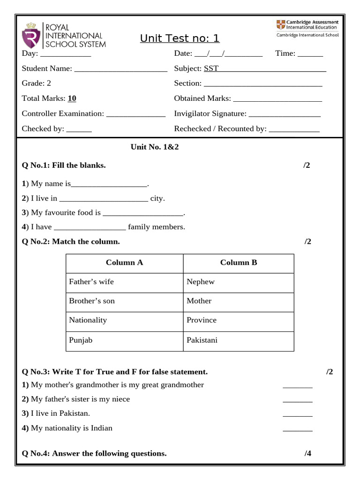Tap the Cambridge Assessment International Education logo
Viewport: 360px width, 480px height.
(307, 28)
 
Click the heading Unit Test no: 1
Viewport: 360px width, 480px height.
(180, 38)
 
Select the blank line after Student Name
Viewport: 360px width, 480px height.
(120, 69)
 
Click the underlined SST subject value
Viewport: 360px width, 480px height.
(211, 68)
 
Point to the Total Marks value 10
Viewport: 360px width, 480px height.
(72, 98)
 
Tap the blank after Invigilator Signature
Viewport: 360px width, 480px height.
(285, 114)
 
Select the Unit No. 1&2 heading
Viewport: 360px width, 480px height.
(155, 147)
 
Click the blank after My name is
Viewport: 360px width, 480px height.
(109, 185)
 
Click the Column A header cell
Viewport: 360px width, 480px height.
(124, 263)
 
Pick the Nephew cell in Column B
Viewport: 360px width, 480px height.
(201, 282)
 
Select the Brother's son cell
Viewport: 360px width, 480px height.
(92, 301)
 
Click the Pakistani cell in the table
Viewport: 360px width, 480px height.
(202, 340)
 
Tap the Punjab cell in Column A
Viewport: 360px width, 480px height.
(81, 340)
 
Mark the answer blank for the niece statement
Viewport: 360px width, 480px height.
(298, 400)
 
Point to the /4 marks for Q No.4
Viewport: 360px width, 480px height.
(307, 453)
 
